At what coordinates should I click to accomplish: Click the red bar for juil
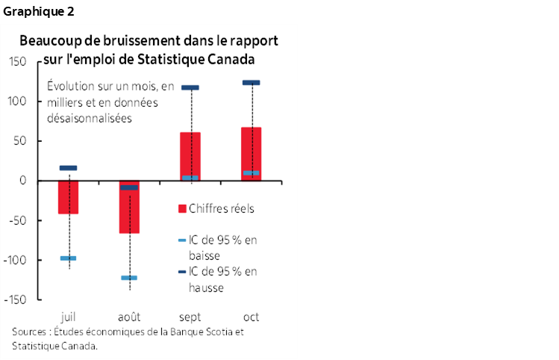click(69, 197)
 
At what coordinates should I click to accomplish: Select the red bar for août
click(129, 207)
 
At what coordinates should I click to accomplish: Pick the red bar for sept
click(190, 156)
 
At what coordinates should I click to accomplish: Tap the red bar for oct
click(251, 154)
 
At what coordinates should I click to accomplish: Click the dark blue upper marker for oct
click(251, 83)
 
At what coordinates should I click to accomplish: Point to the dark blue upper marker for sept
click(190, 88)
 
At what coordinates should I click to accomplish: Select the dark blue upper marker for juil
click(69, 168)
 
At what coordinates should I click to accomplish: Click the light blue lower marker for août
click(129, 278)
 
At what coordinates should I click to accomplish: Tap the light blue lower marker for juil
click(69, 258)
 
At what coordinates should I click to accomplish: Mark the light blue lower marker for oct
click(251, 173)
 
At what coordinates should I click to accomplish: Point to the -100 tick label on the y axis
click(16, 260)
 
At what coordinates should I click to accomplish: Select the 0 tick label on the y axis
click(25, 181)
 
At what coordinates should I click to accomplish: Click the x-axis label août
click(129, 314)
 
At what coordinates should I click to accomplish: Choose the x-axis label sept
click(190, 314)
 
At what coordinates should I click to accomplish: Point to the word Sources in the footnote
click(29, 332)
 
